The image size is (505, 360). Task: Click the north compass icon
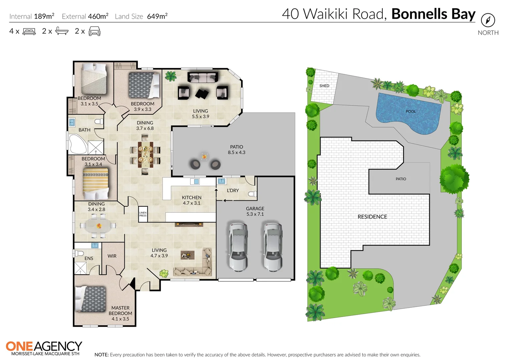[488, 20]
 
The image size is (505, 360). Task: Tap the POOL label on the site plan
[411, 112]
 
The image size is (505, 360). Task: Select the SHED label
[324, 86]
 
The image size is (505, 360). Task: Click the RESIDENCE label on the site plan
[372, 217]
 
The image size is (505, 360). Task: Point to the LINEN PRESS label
[143, 214]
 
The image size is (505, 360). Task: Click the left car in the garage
[238, 246]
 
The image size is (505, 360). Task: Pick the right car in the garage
[273, 246]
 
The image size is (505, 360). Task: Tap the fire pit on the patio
[204, 156]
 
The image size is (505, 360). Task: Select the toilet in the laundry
[252, 194]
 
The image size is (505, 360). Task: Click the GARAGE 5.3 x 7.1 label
[255, 211]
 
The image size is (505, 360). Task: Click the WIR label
[112, 256]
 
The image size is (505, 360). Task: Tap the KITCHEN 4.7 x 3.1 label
[191, 200]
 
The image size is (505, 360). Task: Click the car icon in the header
[94, 31]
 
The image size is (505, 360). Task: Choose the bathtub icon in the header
[62, 31]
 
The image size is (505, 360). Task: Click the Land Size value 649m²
[157, 16]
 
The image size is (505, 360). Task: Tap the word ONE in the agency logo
[19, 347]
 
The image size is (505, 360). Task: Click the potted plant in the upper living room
[171, 76]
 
